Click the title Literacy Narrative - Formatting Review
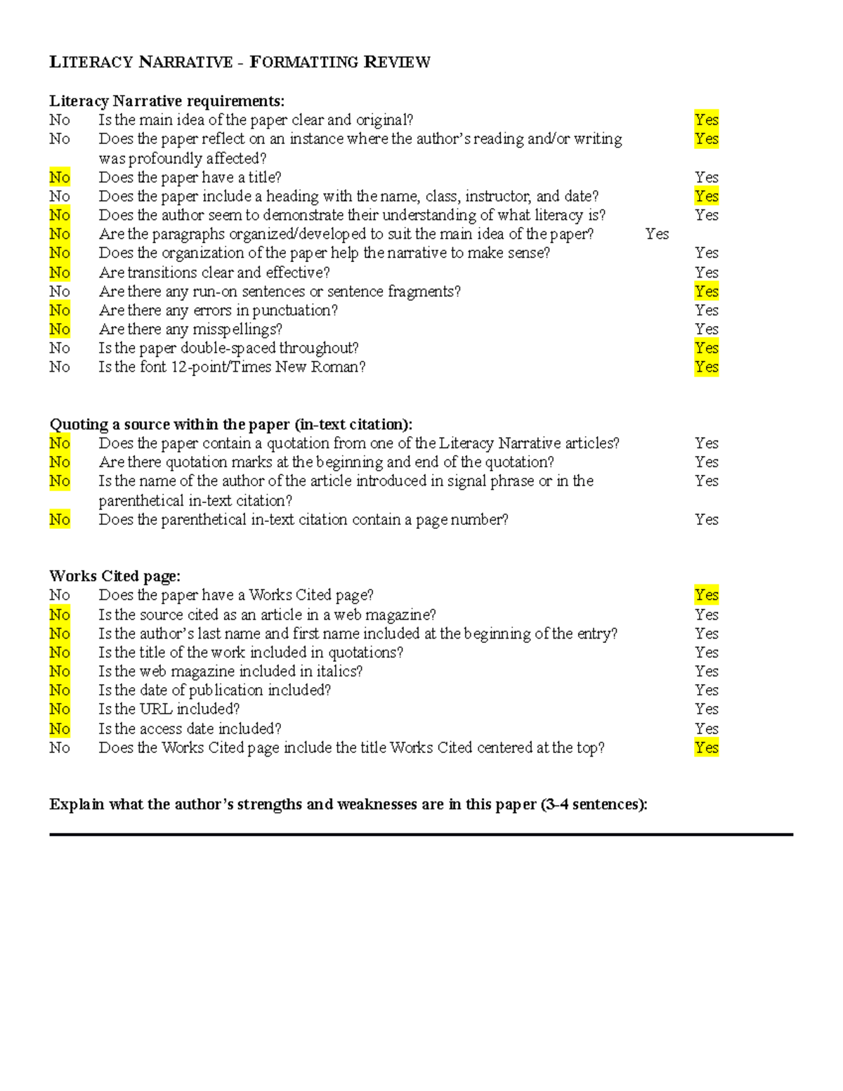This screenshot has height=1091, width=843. pos(240,62)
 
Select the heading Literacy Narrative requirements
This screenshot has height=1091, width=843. pos(166,101)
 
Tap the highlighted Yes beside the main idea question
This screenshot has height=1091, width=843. pos(706,120)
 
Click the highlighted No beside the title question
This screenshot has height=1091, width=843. pos(60,177)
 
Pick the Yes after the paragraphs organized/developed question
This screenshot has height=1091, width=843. pos(657,234)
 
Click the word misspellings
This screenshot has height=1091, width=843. pos(237,329)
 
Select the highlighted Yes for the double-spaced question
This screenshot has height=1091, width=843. pos(706,348)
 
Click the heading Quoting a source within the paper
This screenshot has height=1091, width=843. pos(230,424)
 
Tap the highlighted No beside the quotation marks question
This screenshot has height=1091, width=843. pos(60,462)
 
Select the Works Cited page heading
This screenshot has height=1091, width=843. pos(115,576)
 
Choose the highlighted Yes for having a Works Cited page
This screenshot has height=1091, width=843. pos(706,595)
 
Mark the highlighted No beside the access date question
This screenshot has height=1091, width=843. pos(60,729)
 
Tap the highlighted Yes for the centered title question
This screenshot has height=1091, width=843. pos(706,747)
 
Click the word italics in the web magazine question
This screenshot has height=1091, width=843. pos(339,671)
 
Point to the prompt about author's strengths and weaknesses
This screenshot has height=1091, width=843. pos(348,804)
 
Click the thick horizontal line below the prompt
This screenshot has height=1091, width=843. pos(421,835)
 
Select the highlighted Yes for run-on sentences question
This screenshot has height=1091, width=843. pos(706,291)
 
